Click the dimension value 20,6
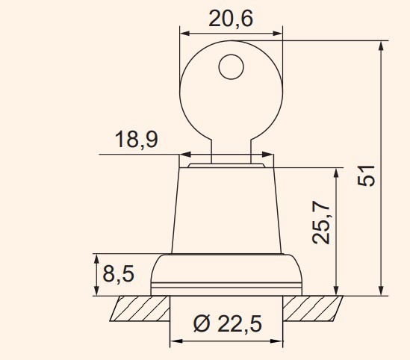(231, 19)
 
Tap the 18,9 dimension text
(137, 140)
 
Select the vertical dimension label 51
(367, 176)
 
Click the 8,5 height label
(119, 273)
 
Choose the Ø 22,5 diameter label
(228, 323)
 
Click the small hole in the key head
(232, 66)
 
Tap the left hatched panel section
(140, 308)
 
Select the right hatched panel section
(313, 308)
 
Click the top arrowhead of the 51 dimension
(381, 46)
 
